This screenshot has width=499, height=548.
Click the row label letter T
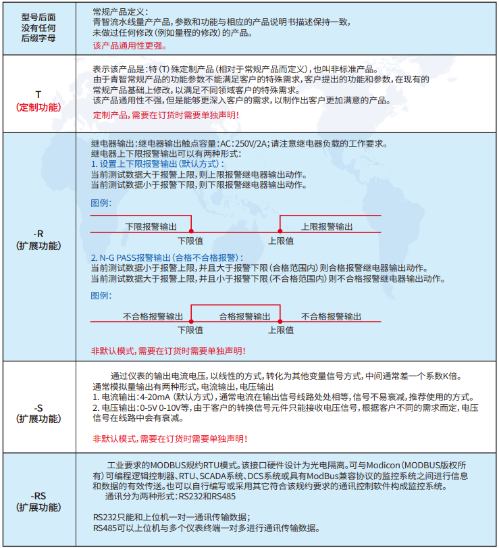click(x=38, y=94)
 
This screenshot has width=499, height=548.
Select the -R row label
click(x=38, y=234)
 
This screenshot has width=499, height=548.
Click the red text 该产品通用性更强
click(x=129, y=46)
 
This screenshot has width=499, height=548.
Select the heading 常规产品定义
click(x=117, y=11)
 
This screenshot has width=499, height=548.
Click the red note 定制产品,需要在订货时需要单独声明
click(x=165, y=116)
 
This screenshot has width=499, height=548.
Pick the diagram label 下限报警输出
click(x=152, y=226)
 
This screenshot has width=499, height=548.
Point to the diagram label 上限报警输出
click(x=327, y=226)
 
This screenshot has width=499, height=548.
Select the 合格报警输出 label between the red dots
click(x=244, y=316)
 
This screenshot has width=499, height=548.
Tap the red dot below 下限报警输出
click(x=190, y=232)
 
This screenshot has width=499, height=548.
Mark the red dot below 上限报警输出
click(x=280, y=232)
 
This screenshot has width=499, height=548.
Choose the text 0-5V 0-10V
click(x=162, y=408)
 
